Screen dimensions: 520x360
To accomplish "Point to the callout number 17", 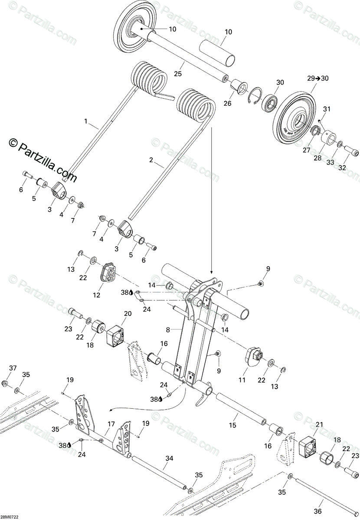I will [111, 424].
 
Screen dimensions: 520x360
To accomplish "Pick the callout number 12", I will [96, 295].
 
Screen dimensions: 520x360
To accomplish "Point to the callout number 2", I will [151, 160].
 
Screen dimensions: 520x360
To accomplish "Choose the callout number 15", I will [232, 425].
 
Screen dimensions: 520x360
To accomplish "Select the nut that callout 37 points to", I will [4, 384].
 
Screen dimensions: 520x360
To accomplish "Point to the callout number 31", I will [326, 109].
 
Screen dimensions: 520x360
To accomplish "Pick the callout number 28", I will [318, 158].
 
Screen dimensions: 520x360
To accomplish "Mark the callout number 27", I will [306, 149].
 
